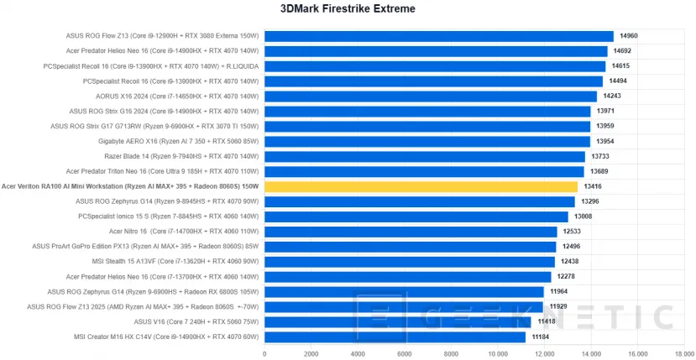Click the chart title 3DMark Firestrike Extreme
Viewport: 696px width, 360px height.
(x=347, y=9)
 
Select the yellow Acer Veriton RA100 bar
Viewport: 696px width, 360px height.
(x=421, y=186)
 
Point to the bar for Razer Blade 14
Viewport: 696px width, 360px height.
(x=424, y=156)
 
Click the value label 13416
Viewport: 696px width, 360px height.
(x=593, y=186)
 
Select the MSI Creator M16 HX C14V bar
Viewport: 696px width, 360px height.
(x=395, y=337)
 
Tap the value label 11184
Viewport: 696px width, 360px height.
(x=541, y=337)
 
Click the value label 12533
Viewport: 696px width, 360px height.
(x=573, y=232)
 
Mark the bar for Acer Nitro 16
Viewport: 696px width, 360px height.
(x=411, y=232)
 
